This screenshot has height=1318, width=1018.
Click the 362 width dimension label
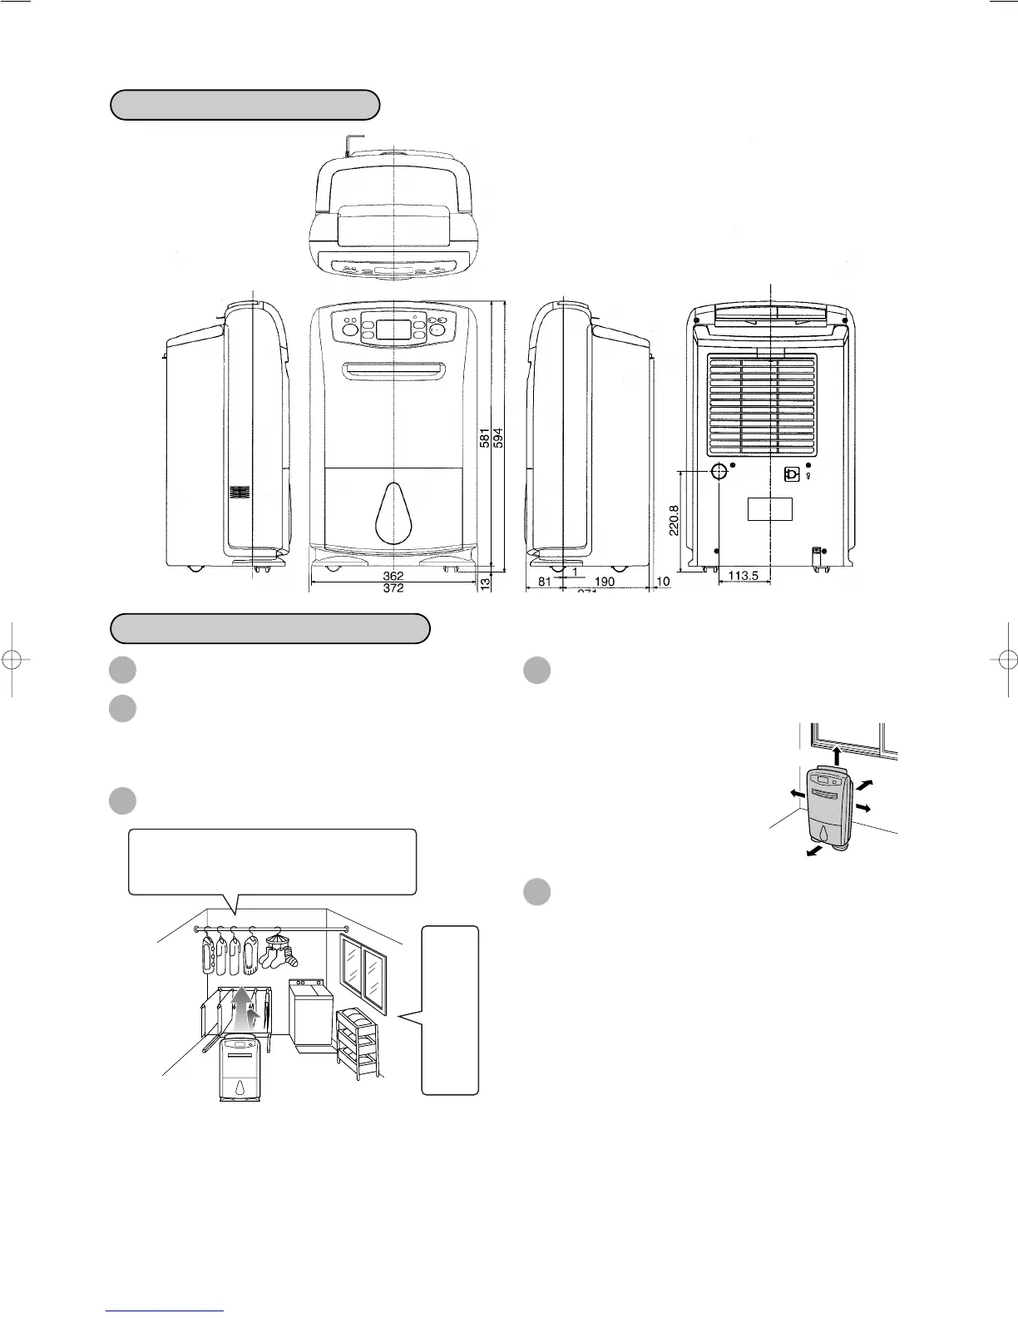click(393, 576)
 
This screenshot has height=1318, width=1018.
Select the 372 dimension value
click(393, 587)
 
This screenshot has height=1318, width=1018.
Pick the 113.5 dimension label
click(743, 576)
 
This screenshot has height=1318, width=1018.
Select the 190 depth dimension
click(605, 582)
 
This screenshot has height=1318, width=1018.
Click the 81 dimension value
click(544, 582)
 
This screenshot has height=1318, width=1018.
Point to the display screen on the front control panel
click(394, 329)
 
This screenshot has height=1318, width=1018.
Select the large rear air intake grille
click(762, 404)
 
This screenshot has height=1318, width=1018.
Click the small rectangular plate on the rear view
click(769, 509)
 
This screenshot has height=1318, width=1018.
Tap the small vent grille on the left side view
click(240, 493)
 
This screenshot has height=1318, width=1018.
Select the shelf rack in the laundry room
click(358, 1042)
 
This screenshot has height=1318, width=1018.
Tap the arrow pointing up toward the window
click(837, 755)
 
